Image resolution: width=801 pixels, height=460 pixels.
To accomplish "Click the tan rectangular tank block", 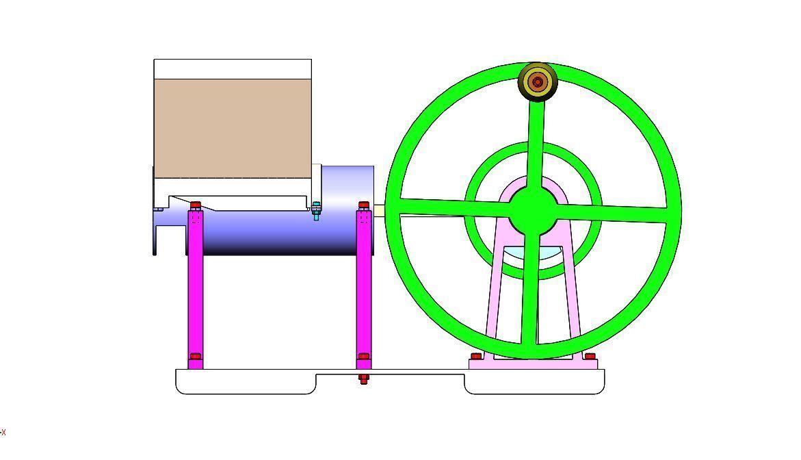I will [x=233, y=127].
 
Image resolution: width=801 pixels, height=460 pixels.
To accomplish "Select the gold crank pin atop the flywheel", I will [x=538, y=82].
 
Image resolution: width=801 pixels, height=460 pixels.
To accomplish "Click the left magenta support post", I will [x=196, y=287].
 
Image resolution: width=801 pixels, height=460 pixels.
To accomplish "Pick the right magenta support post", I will [x=364, y=287].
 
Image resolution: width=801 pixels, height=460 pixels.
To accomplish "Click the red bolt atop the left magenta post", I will [x=196, y=205].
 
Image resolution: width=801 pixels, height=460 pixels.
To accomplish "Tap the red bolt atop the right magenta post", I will [x=364, y=205].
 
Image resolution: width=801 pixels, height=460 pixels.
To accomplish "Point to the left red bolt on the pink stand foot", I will [x=476, y=357].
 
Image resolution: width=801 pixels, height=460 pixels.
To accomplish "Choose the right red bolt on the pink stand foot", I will [x=590, y=357].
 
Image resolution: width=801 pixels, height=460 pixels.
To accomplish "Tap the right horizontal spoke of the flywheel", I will [x=616, y=213].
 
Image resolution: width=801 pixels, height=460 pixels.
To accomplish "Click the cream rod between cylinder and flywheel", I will [x=380, y=211].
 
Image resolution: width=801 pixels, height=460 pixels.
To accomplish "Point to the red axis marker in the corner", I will [x=3, y=433].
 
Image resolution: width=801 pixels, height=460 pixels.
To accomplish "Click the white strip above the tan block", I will [x=233, y=69].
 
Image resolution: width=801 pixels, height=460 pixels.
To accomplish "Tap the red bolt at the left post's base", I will [x=196, y=357].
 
